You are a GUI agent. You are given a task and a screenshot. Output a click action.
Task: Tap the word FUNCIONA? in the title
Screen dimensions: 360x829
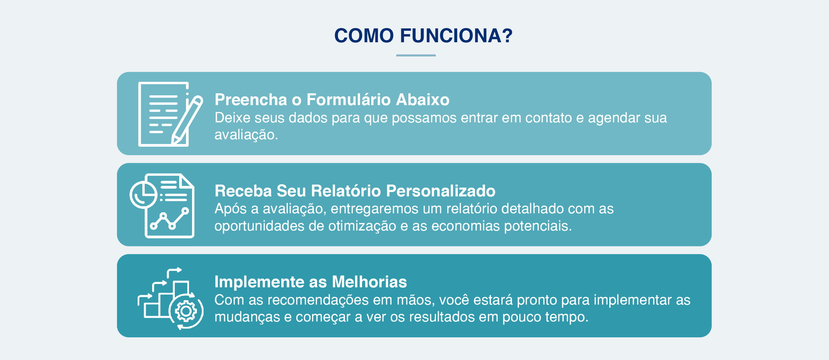click(x=456, y=36)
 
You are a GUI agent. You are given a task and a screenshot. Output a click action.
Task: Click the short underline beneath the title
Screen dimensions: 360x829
click(x=416, y=55)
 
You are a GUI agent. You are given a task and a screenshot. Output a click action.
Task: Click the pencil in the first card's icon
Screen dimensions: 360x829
click(x=188, y=118)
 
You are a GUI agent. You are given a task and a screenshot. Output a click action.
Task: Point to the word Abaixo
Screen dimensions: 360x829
click(x=423, y=100)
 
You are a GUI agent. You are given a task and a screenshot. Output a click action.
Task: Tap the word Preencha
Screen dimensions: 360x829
click(x=251, y=100)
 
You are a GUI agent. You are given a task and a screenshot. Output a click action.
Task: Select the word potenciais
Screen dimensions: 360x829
click(x=538, y=226)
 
